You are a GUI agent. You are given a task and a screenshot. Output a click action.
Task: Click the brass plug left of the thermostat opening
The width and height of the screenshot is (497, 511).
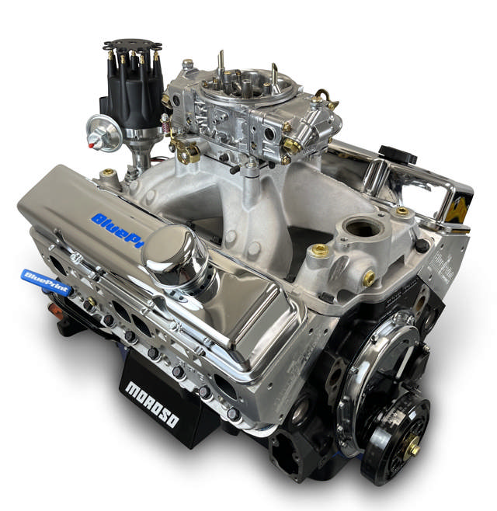coord(320,250)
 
